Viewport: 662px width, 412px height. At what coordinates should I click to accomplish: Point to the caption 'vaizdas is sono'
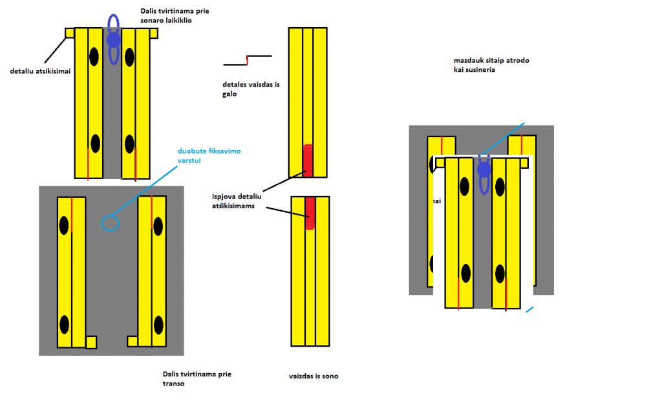point(314,376)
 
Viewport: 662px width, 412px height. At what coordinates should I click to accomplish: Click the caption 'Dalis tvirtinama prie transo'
point(197,378)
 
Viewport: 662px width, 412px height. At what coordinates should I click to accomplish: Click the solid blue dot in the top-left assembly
point(114,40)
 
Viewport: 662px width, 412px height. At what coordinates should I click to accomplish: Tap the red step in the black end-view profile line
point(247,60)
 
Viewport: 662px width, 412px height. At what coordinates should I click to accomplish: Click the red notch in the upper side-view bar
point(308,160)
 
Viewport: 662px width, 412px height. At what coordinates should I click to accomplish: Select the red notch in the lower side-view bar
point(310,213)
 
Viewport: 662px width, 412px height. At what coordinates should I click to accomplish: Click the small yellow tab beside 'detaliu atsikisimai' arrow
point(70,33)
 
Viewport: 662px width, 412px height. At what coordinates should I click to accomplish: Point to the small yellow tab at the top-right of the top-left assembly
point(153,33)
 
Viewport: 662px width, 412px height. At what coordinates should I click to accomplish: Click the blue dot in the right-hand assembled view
point(483,170)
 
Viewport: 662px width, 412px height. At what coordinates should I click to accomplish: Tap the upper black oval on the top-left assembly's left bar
point(94,56)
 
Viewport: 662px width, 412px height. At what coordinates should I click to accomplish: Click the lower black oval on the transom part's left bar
point(64,323)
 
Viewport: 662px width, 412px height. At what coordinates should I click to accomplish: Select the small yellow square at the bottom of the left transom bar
point(91,342)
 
